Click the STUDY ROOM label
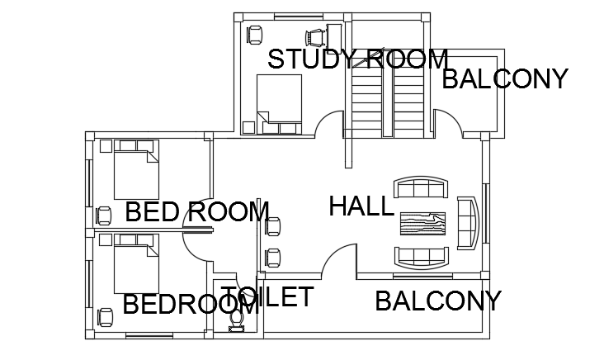click(x=358, y=59)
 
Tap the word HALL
click(x=361, y=206)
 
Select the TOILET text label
click(x=267, y=297)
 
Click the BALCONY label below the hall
click(x=437, y=301)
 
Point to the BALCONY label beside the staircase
click(x=505, y=79)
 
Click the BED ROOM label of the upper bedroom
click(x=196, y=212)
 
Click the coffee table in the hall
click(x=422, y=224)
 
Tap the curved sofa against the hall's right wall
click(x=466, y=223)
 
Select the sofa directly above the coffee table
click(x=422, y=188)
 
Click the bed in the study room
click(x=279, y=103)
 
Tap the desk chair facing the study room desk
click(x=314, y=37)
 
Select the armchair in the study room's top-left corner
click(x=254, y=34)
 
